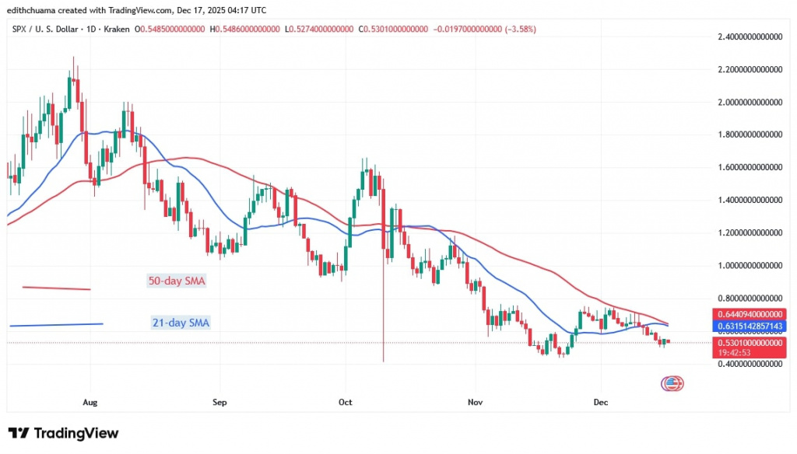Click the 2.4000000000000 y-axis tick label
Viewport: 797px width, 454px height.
coord(750,36)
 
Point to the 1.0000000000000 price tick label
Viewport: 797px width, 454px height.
coord(750,265)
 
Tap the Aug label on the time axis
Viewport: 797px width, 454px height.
coord(90,402)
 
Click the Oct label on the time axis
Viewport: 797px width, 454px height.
coord(346,402)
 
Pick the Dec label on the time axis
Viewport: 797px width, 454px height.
coord(601,402)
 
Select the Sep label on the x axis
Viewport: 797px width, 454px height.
coord(219,402)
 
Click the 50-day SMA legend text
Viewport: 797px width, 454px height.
coord(176,281)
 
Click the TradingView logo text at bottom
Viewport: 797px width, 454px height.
coord(64,433)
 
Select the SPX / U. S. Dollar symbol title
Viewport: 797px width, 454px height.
coord(49,29)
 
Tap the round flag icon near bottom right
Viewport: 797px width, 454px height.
coord(672,382)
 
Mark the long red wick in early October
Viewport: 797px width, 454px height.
coord(384,311)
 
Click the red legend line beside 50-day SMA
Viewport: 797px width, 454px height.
coord(57,288)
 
